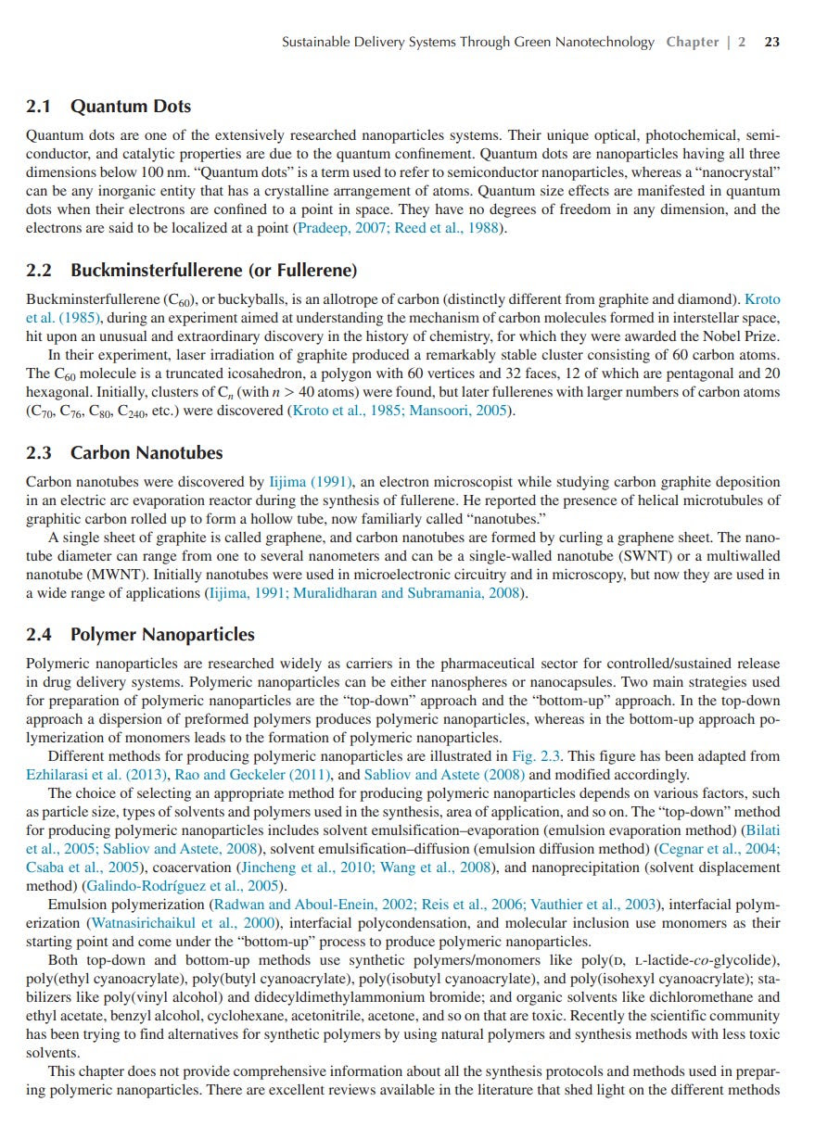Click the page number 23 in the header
point(771,42)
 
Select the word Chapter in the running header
point(692,42)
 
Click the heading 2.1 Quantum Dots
point(108,107)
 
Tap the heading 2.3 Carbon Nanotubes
point(124,453)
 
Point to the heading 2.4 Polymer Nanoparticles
point(140,635)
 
